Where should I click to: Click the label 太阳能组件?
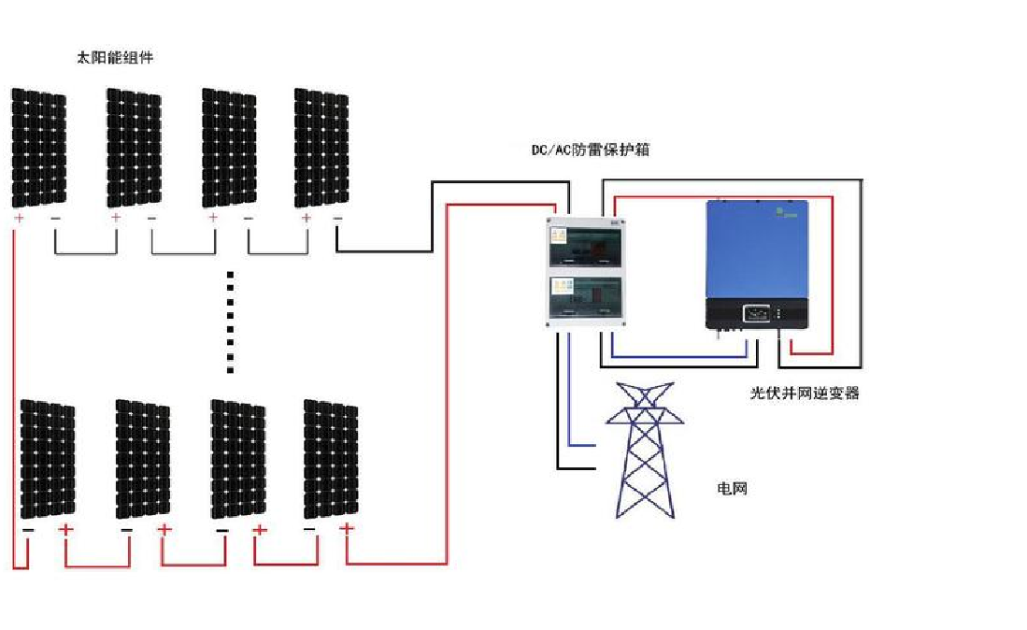(x=114, y=58)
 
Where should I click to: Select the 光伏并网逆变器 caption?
(x=804, y=394)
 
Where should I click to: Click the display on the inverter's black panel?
(x=756, y=313)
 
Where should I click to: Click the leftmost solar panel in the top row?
(x=39, y=148)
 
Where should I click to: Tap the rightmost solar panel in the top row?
(x=321, y=148)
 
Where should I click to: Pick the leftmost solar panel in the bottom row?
(x=48, y=458)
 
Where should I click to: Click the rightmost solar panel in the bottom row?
(x=331, y=458)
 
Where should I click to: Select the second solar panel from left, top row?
(x=135, y=148)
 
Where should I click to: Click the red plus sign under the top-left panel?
(x=19, y=218)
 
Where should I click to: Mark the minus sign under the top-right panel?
(x=337, y=218)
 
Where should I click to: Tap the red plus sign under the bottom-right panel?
(x=347, y=528)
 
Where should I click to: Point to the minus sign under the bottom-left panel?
(x=28, y=530)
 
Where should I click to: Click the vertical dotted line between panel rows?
(x=231, y=322)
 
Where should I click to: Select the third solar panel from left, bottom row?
(x=237, y=458)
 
